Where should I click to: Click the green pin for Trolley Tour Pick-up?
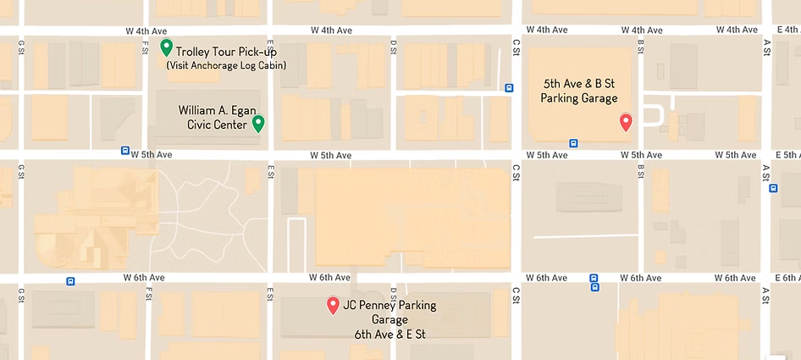(x=167, y=47)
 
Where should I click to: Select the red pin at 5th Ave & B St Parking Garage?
(x=626, y=121)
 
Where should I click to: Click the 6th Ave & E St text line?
(x=389, y=334)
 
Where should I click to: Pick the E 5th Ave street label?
(x=787, y=155)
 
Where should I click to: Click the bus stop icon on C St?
(x=509, y=86)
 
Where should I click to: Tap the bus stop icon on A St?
(x=773, y=188)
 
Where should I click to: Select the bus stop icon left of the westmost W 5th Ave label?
(x=125, y=152)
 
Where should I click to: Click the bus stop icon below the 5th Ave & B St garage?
(x=573, y=143)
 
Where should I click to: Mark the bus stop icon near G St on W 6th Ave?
(x=70, y=281)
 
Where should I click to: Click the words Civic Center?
(x=215, y=125)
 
